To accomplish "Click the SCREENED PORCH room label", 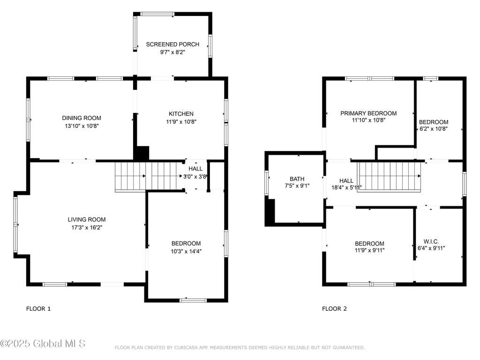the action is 172,45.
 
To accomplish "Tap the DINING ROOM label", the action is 82,118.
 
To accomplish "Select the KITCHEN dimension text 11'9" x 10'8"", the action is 181,121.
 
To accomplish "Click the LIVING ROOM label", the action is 87,219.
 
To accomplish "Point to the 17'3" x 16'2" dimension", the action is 87,227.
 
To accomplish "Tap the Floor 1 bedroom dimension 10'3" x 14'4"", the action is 186,251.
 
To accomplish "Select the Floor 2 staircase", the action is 389,176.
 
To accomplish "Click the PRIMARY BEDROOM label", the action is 368,113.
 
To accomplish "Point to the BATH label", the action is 297,179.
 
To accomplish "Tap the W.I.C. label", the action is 431,241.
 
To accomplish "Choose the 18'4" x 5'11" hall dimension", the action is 346,187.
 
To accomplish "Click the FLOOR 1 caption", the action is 38,308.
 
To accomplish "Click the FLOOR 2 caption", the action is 334,308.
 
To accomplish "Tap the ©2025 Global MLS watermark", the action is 43,344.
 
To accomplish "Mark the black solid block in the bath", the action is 270,212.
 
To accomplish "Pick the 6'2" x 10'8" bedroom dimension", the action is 433,129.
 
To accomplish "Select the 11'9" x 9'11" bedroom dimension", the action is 369,250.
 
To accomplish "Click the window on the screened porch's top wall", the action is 157,14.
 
